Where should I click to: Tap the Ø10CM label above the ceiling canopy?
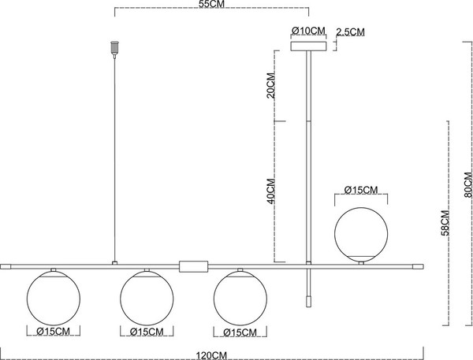tap(308, 31)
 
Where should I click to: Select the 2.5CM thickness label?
tap(350, 32)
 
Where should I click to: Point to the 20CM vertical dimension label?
tap(270, 85)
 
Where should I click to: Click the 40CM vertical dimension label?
tap(270, 191)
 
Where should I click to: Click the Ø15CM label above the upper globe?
tap(363, 190)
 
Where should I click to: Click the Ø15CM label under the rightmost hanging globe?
tap(239, 332)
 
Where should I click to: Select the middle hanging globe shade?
tap(146, 297)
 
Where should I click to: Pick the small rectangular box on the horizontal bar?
tap(193, 266)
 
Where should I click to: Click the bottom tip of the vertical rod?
tap(308, 300)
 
